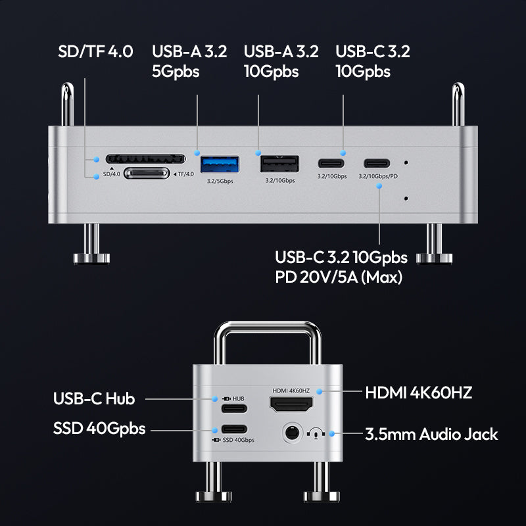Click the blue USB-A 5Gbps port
click(x=220, y=164)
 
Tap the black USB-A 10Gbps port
click(x=279, y=164)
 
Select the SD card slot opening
click(x=145, y=158)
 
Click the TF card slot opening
click(x=147, y=174)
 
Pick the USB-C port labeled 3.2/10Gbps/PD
click(x=377, y=163)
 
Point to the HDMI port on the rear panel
click(x=291, y=404)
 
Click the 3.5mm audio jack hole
click(x=291, y=433)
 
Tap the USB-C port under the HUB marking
click(x=234, y=408)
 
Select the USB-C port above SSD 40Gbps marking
click(x=234, y=429)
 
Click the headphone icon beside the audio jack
click(x=316, y=433)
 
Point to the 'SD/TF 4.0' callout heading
click(x=95, y=51)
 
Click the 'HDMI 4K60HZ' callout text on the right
click(x=419, y=393)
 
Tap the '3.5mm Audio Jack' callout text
click(x=431, y=434)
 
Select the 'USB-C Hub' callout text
click(x=94, y=398)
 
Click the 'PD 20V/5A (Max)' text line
click(x=339, y=277)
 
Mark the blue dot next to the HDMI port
click(x=320, y=391)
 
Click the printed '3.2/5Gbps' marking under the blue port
click(x=220, y=181)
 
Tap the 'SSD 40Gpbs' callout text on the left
click(x=99, y=429)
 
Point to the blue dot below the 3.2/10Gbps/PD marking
click(x=379, y=186)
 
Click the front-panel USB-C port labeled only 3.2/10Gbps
click(x=331, y=163)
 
